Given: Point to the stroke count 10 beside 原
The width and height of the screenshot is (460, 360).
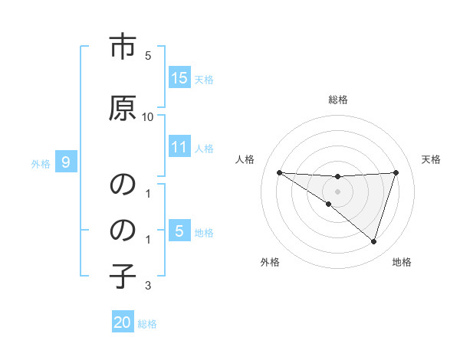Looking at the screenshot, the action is (148, 116).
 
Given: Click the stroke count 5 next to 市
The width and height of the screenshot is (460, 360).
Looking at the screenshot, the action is (148, 56).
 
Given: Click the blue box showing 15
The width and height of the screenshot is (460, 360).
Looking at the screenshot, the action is (179, 78).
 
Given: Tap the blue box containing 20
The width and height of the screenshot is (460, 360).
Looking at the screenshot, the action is (123, 322).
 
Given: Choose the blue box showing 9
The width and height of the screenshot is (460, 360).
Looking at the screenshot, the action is (66, 162).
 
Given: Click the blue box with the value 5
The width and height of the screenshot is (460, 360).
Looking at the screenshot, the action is (179, 231).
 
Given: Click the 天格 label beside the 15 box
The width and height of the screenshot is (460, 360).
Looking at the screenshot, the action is (204, 80).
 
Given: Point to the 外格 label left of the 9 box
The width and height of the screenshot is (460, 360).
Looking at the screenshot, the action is (41, 163).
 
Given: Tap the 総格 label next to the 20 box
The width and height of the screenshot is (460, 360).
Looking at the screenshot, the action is (147, 324).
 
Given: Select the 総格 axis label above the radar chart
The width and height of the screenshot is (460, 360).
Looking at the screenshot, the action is (337, 100).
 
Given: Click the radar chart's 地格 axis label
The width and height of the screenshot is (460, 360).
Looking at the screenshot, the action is (402, 262).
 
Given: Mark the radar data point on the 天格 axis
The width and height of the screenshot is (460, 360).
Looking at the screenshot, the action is (396, 172).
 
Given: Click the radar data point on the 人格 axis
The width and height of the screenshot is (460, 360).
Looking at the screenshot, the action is (279, 172).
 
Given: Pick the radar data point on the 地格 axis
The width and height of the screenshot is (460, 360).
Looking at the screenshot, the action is (373, 241).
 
